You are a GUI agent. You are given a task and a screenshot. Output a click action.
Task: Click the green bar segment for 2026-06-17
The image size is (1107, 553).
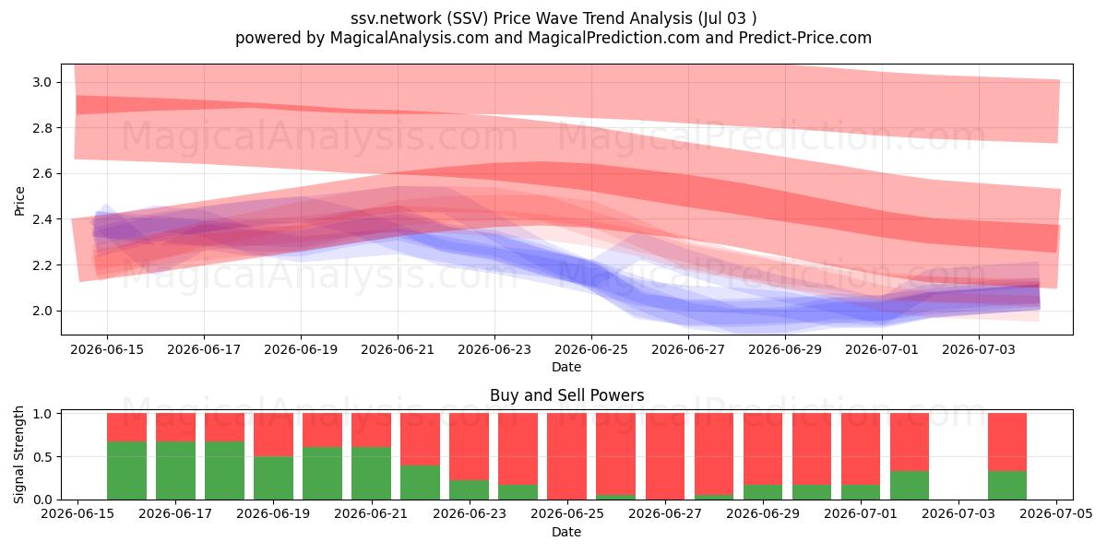click(175, 470)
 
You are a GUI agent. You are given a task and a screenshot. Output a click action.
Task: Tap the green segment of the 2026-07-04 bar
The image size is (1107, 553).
click(1007, 486)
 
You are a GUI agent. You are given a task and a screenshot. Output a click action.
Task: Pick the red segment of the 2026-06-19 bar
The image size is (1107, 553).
click(273, 434)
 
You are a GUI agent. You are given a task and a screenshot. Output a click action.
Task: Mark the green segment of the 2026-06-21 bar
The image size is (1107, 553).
click(371, 473)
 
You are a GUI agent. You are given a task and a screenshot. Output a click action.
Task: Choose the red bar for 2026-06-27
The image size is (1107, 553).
click(665, 456)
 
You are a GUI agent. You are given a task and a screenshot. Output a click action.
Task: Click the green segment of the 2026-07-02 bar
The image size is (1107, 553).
click(910, 486)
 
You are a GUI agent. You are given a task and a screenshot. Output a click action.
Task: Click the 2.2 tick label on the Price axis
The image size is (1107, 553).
click(42, 265)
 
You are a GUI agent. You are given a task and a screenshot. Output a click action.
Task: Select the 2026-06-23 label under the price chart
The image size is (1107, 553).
click(494, 349)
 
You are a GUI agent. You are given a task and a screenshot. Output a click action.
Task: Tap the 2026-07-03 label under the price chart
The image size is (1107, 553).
click(979, 349)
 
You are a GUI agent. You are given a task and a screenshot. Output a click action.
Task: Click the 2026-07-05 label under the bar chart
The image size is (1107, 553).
click(1056, 513)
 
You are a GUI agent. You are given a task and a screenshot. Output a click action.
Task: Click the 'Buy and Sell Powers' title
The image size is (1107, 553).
click(566, 395)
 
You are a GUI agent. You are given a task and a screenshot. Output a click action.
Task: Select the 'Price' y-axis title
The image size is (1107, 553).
click(19, 201)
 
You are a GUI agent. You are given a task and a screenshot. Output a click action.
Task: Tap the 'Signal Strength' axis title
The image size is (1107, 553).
click(18, 454)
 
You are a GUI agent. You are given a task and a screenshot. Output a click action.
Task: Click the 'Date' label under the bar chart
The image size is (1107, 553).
click(566, 532)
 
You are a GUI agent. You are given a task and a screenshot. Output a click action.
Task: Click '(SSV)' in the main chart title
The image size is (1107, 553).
click(468, 18)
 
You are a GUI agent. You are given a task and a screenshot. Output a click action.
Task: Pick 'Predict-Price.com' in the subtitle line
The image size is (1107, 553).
click(805, 38)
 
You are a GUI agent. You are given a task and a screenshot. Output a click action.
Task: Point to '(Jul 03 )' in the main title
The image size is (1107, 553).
click(727, 18)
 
